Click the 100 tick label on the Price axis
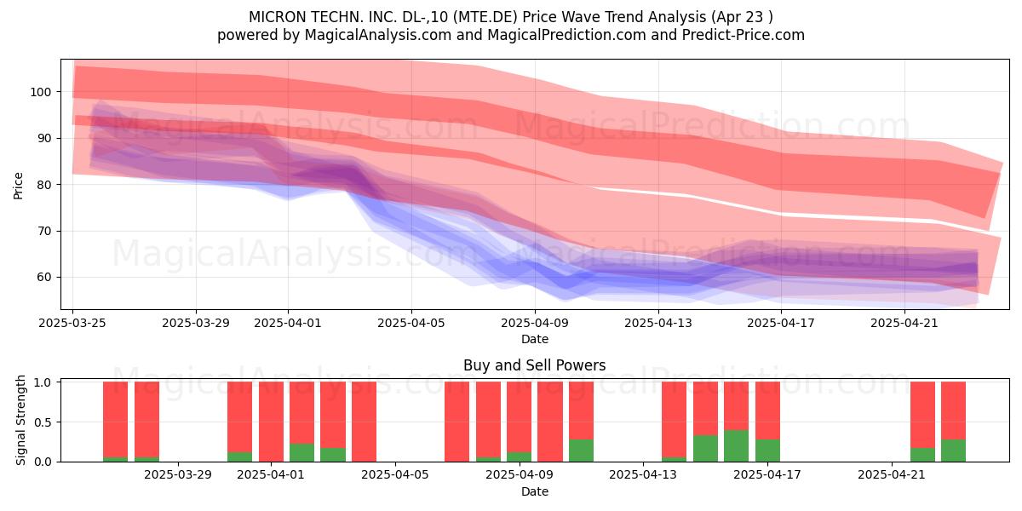[x=40, y=92]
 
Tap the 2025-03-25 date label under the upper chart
[x=72, y=323]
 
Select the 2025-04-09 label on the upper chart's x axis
[x=535, y=323]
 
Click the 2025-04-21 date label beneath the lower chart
[x=892, y=475]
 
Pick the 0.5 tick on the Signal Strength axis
[x=43, y=422]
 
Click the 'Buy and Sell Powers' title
[x=534, y=365]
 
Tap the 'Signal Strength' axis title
[x=20, y=420]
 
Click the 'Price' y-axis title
[x=18, y=186]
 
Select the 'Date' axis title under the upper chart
[x=535, y=340]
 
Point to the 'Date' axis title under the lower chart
[x=535, y=492]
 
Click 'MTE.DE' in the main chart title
[x=488, y=17]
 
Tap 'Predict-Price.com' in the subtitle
[x=744, y=35]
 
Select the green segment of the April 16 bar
[x=736, y=445]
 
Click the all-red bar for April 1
[x=271, y=422]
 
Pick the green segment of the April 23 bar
[x=953, y=451]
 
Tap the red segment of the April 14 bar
[x=674, y=419]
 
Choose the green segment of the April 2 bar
[x=301, y=452]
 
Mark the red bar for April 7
[x=456, y=422]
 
